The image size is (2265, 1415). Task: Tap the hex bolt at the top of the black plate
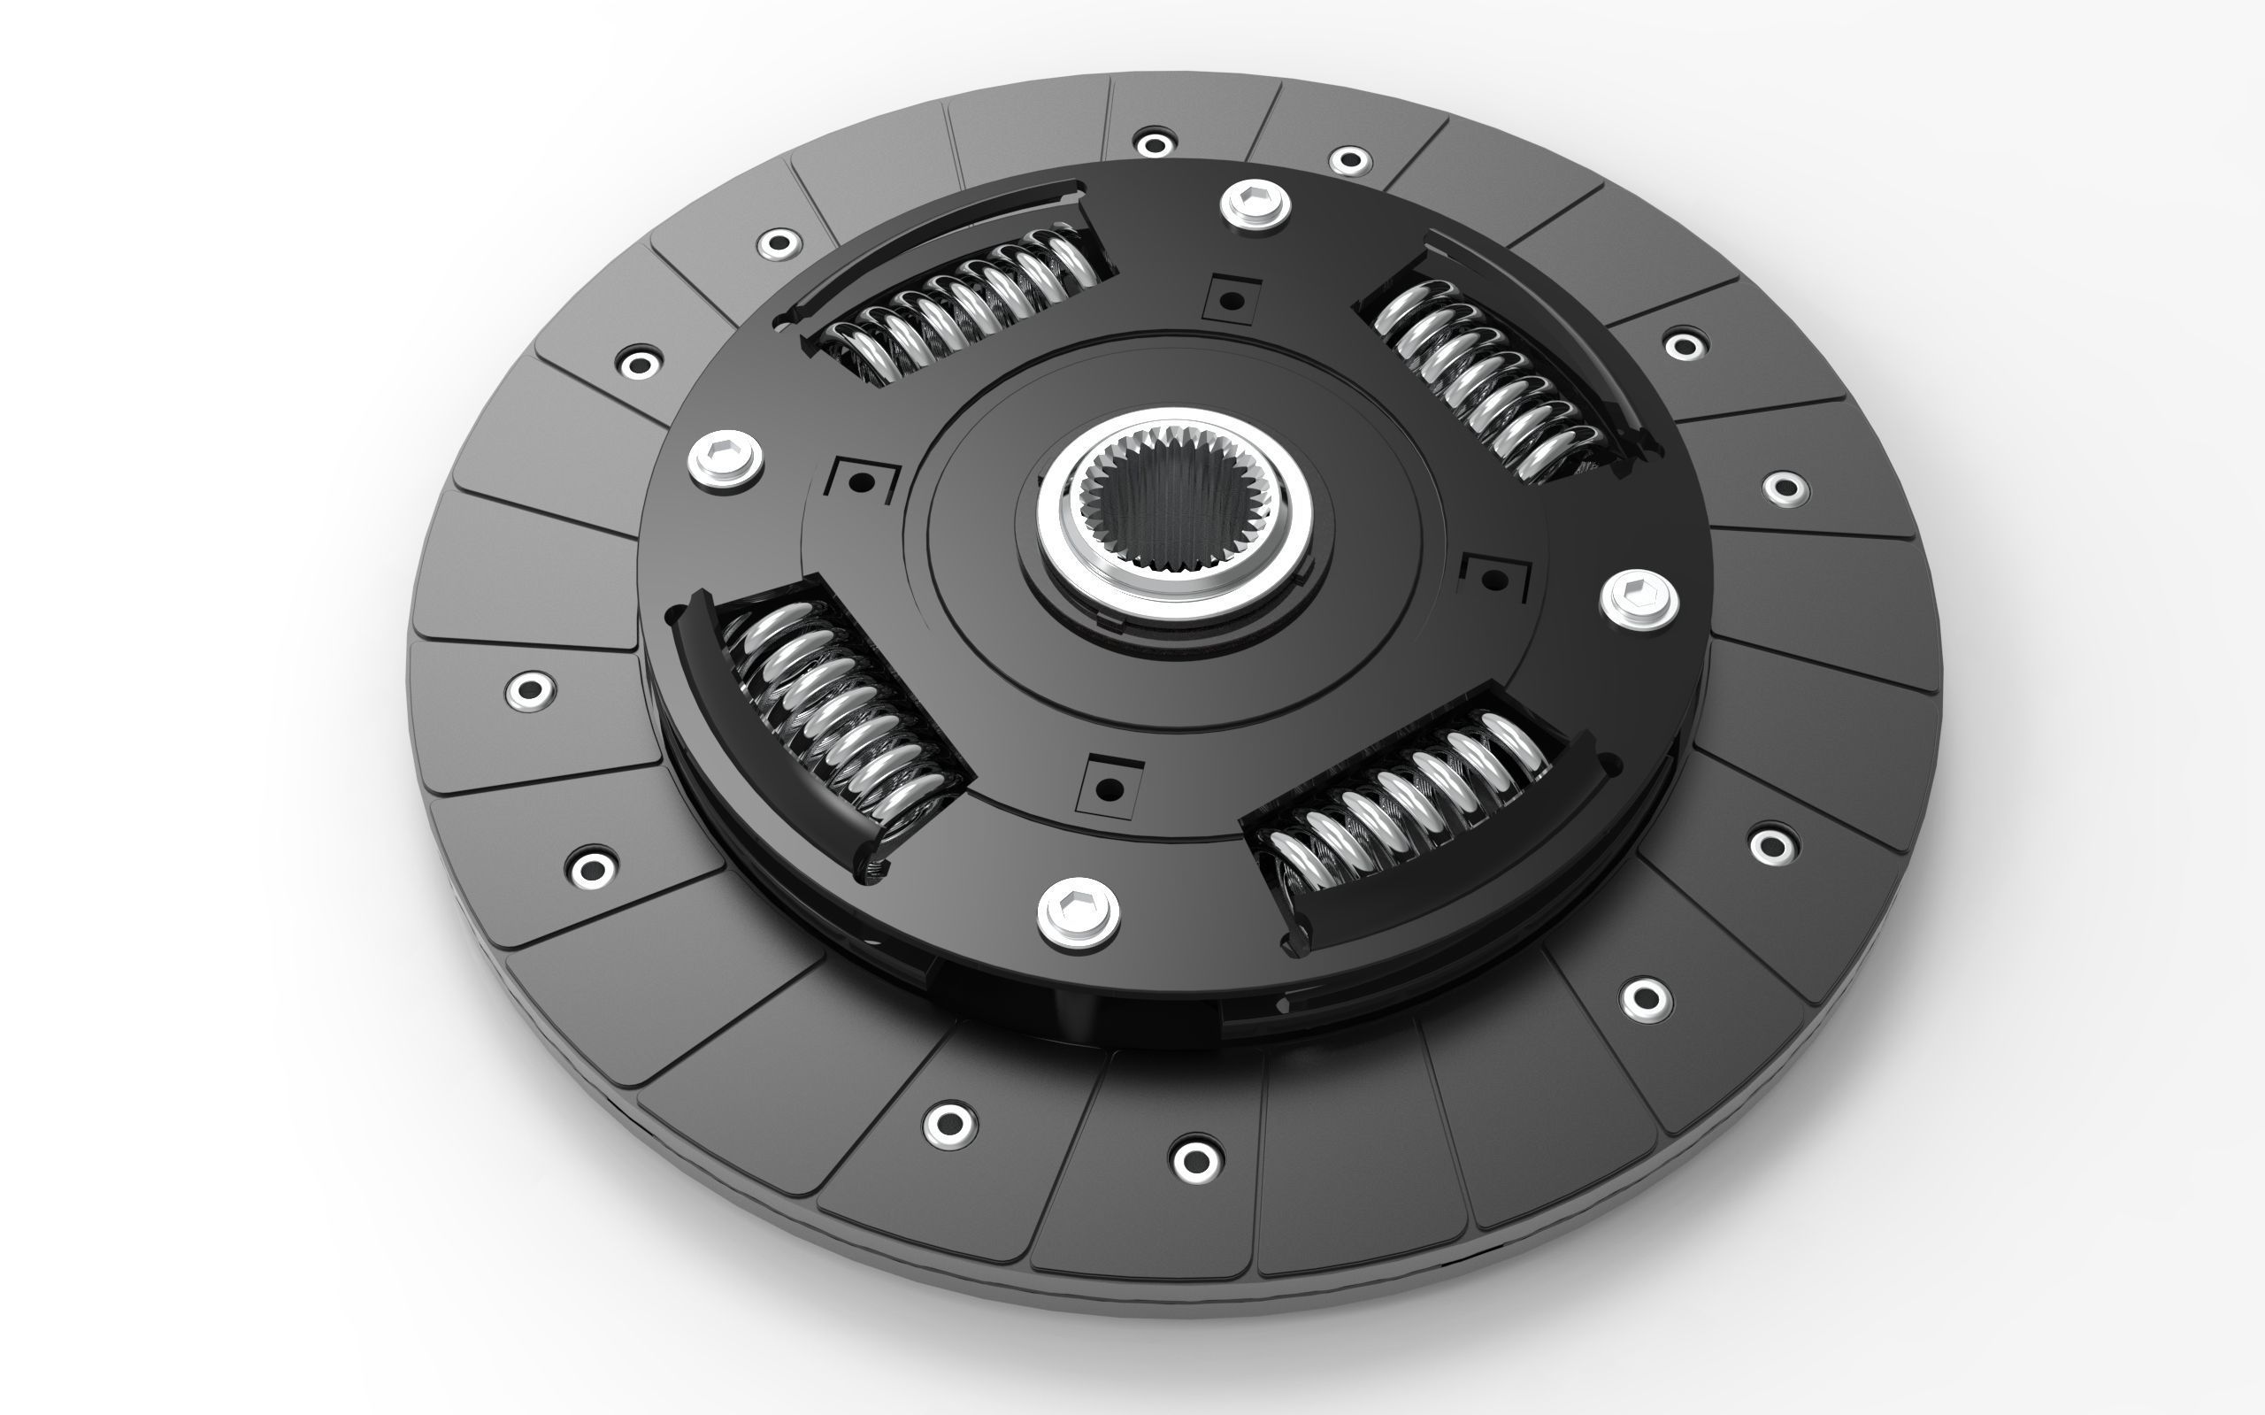(1255, 203)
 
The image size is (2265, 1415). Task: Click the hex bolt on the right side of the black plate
(1639, 599)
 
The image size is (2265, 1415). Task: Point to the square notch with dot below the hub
(1109, 787)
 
